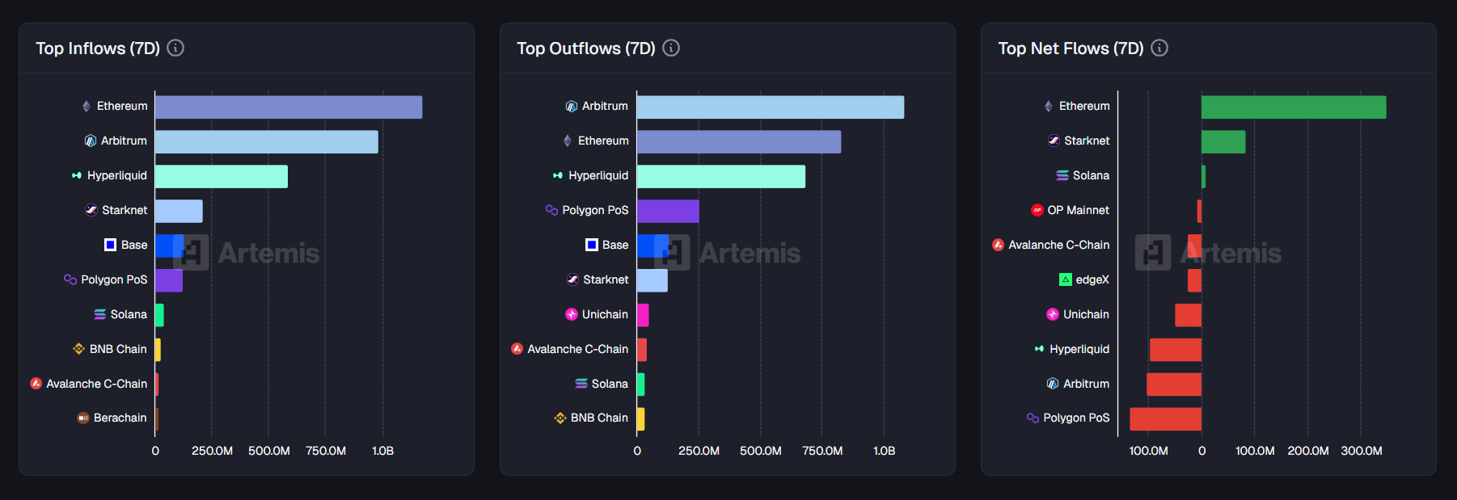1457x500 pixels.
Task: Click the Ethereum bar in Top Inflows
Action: pos(288,107)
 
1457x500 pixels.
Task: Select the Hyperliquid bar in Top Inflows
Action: pos(221,176)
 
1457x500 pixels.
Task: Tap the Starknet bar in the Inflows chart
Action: pos(179,211)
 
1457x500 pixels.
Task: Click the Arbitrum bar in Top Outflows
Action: pos(770,107)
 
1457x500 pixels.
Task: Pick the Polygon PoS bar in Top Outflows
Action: pos(668,211)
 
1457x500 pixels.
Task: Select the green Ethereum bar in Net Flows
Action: pos(1293,107)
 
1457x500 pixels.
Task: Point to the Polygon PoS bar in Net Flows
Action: pos(1165,419)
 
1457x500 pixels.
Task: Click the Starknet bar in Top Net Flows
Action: pos(1223,142)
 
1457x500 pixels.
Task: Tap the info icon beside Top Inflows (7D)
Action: pos(175,48)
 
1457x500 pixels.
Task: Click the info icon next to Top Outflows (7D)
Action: pos(671,48)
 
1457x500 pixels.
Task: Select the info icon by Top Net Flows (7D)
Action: pos(1159,48)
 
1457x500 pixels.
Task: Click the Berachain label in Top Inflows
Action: pos(120,418)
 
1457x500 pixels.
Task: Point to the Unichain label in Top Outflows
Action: pos(605,314)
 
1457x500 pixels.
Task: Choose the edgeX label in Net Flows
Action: pos(1092,279)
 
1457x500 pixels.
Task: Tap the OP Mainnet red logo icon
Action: pos(1037,210)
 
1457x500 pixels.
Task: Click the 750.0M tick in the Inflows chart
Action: pos(326,451)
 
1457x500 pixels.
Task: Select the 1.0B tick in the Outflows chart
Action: pos(884,451)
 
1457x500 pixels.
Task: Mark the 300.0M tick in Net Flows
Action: pos(1361,451)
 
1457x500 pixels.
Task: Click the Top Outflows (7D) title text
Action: pos(585,48)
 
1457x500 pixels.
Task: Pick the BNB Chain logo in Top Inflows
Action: pos(78,349)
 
